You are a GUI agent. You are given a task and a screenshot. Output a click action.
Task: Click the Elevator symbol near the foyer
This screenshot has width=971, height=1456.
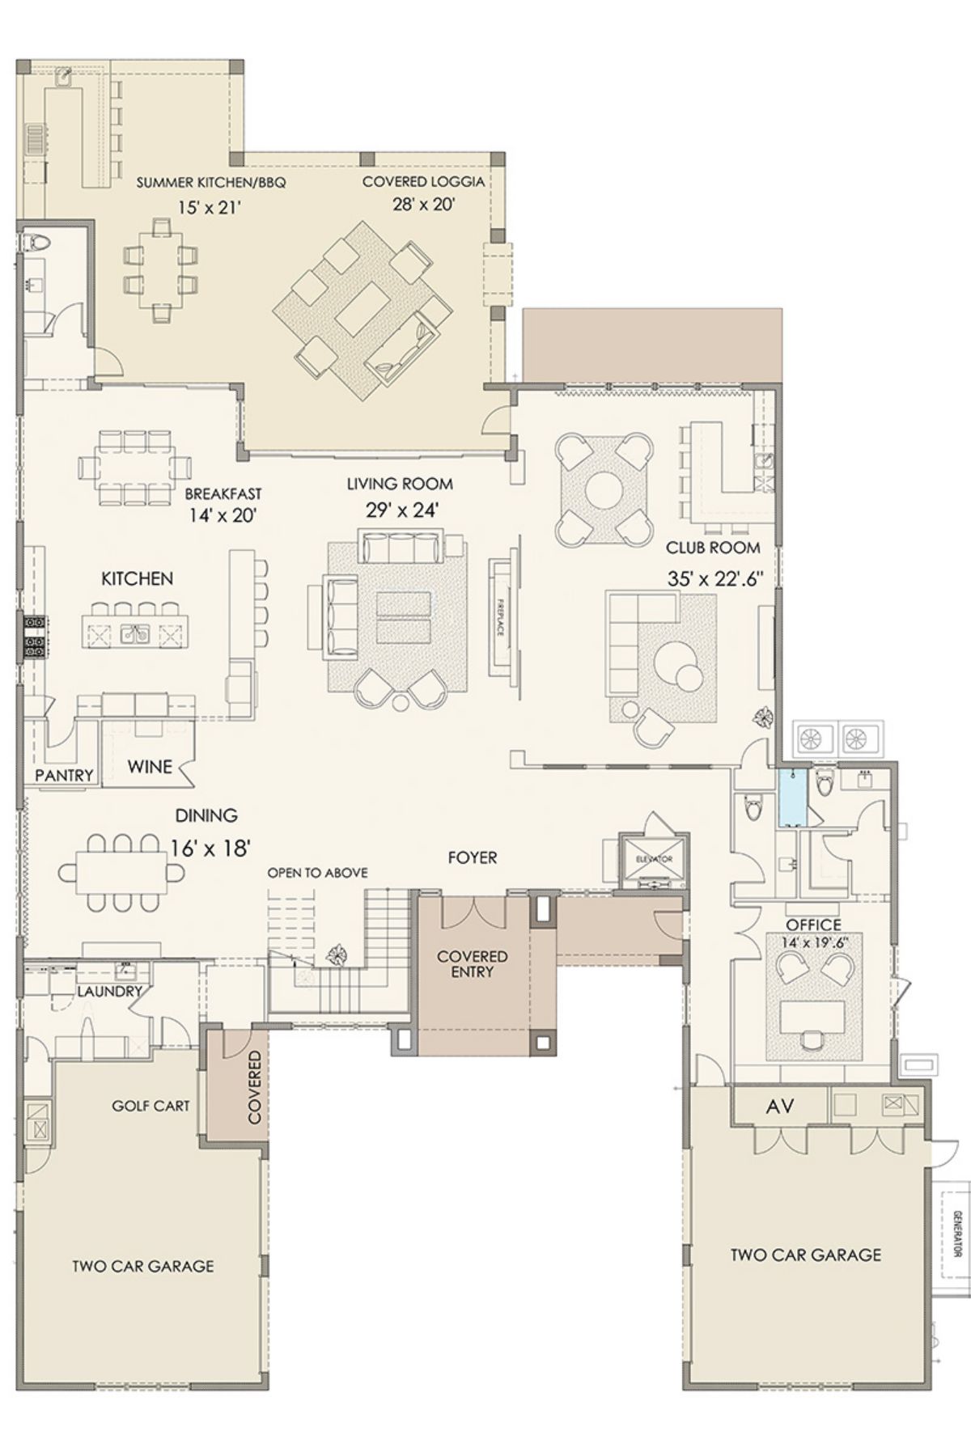coord(654,860)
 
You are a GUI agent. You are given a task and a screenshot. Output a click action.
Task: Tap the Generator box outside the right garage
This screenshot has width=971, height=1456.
coord(955,1234)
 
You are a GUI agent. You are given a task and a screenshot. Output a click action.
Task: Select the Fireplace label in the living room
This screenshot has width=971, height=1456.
coord(501,617)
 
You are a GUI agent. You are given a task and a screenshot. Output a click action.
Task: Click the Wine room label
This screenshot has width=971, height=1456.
coord(150,766)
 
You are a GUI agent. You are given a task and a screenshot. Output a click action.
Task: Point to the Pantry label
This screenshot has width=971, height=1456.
coord(65,776)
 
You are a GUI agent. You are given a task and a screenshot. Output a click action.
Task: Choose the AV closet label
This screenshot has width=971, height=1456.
coord(780,1106)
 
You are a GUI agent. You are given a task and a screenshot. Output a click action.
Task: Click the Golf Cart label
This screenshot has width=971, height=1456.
coord(151,1106)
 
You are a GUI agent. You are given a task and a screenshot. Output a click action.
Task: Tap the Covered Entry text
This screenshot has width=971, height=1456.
coord(473,964)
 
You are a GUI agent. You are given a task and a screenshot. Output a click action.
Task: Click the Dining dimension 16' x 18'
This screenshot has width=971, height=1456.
coord(210,849)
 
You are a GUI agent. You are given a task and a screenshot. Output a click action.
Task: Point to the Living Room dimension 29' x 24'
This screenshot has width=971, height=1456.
coord(402,510)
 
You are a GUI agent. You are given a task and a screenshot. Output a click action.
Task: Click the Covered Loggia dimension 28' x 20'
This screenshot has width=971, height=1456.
coord(424,205)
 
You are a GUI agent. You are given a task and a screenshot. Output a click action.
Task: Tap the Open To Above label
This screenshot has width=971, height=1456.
coord(318,873)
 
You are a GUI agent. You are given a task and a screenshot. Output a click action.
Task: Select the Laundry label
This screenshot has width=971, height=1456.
coord(110,991)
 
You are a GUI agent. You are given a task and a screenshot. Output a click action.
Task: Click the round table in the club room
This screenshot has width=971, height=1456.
coord(604,489)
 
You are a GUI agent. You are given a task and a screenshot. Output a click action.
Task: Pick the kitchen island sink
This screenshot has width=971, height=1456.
coord(134,634)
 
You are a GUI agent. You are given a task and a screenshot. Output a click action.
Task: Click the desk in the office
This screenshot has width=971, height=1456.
coord(812,1014)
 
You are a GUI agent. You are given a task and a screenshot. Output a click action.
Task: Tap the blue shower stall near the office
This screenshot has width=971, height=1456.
coord(793,798)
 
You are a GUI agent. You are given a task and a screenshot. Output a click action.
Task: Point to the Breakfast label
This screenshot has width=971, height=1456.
coord(223,493)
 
